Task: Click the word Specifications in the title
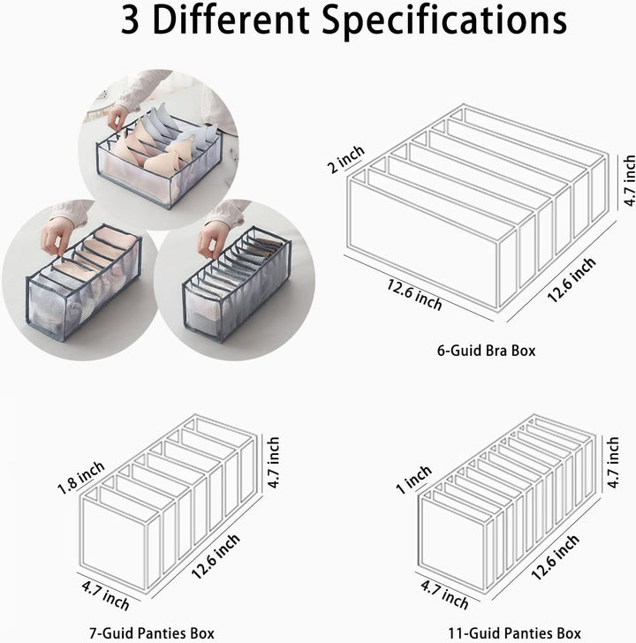pyautogui.click(x=444, y=21)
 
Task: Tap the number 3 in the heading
pyautogui.click(x=131, y=21)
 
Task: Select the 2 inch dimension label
pyautogui.click(x=346, y=160)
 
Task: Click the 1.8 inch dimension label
pyautogui.click(x=80, y=478)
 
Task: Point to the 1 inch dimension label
pyautogui.click(x=413, y=480)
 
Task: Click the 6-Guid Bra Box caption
pyautogui.click(x=487, y=351)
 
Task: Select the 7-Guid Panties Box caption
pyautogui.click(x=152, y=633)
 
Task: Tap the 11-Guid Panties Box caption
pyautogui.click(x=514, y=633)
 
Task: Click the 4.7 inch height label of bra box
pyautogui.click(x=629, y=180)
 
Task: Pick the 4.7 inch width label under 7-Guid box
pyautogui.click(x=105, y=594)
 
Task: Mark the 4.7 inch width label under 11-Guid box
pyautogui.click(x=444, y=594)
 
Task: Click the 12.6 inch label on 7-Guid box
pyautogui.click(x=216, y=556)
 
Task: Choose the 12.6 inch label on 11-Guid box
pyautogui.click(x=556, y=557)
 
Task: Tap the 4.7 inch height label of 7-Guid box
pyautogui.click(x=273, y=463)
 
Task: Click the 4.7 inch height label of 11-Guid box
pyautogui.click(x=613, y=463)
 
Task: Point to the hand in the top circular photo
pyautogui.click(x=118, y=117)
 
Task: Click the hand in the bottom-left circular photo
pyautogui.click(x=57, y=237)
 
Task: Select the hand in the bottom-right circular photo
pyautogui.click(x=212, y=238)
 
